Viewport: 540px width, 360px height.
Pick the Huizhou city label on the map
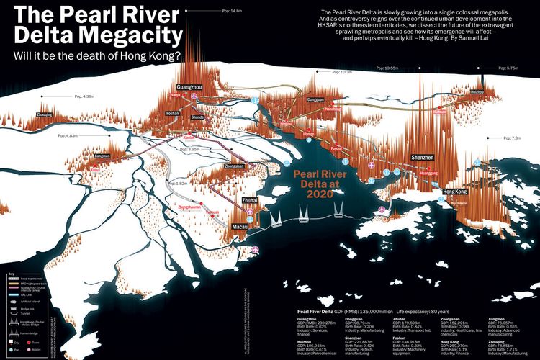coord(477,93)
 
